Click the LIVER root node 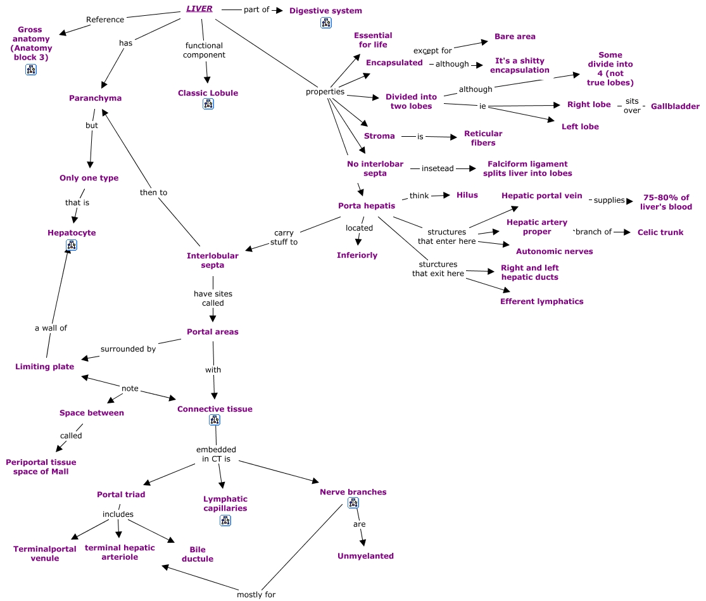pos(199,9)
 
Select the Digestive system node pos(325,11)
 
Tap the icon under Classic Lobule pos(208,104)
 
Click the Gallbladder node pos(675,106)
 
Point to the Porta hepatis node pos(367,206)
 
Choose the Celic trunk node pos(660,232)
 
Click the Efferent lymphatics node pos(541,301)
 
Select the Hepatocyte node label pos(72,233)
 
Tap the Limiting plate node pos(44,367)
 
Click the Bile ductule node pos(197,554)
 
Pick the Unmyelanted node pos(365,556)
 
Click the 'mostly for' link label pos(256,595)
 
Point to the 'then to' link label pos(153,193)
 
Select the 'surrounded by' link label pos(129,349)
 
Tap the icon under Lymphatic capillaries pos(225,521)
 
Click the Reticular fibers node pos(483,138)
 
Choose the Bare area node pos(515,37)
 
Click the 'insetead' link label pos(438,168)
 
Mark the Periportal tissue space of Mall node pos(41,467)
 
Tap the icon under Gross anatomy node pos(30,69)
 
